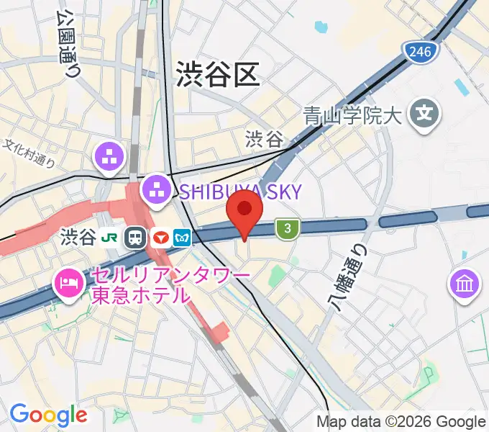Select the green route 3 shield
pos(288,229)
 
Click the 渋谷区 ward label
pos(217,73)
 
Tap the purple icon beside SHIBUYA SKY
pos(155,191)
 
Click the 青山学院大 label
pos(351,115)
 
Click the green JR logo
pos(111,237)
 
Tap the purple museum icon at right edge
pos(465,283)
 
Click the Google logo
pos(48,414)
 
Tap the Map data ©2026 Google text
pos(401,422)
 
